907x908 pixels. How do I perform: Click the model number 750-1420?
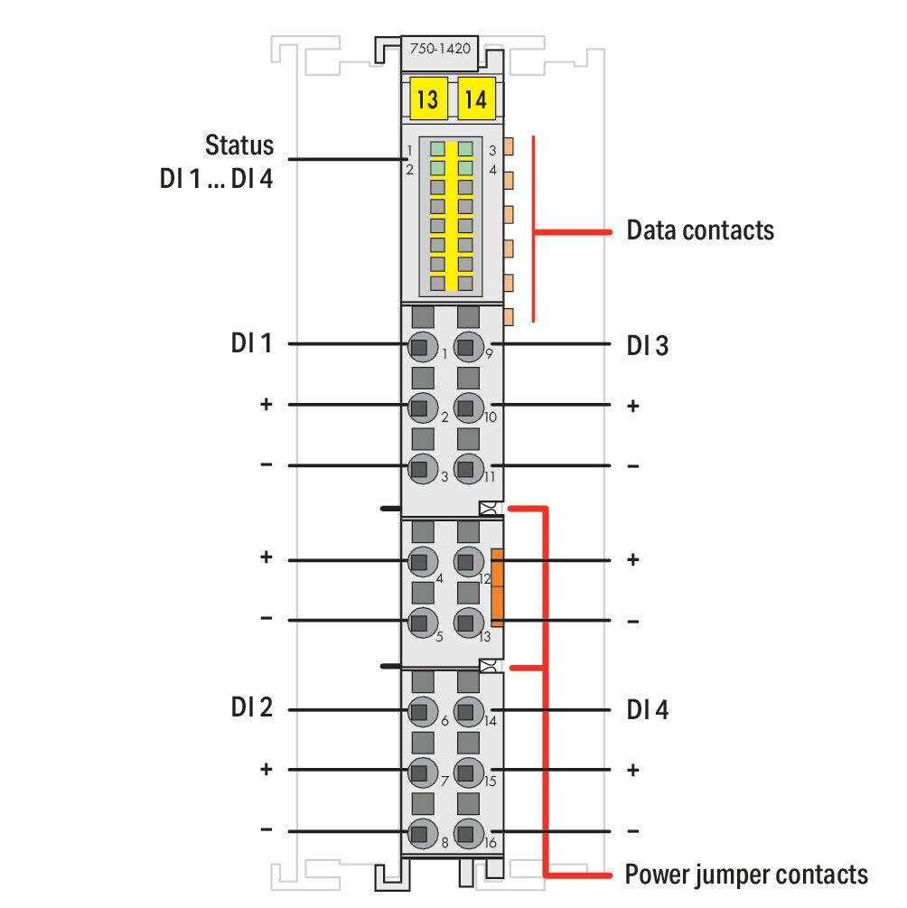point(440,49)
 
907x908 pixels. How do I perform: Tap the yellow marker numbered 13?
point(428,99)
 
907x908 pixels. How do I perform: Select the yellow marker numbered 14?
point(476,99)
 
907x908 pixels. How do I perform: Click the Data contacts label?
point(700,229)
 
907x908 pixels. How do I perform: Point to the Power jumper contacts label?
point(746,875)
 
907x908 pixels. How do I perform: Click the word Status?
point(239,145)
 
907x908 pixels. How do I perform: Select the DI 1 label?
point(251,342)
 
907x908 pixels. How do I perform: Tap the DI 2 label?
point(251,707)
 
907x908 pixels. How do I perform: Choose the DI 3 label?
point(648,345)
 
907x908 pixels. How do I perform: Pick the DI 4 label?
point(648,709)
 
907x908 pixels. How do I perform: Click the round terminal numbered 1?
point(422,348)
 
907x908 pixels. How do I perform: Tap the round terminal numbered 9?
point(468,348)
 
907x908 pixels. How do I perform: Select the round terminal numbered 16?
point(468,834)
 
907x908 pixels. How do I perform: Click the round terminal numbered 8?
point(422,834)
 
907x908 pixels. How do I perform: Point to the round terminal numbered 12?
point(468,562)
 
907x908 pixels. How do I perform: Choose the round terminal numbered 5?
point(422,622)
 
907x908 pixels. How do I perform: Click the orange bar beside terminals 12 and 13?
point(497,588)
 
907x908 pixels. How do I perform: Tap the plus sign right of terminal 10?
point(633,406)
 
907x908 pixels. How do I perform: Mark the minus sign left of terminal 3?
point(266,464)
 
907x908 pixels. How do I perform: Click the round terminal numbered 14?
point(468,712)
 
